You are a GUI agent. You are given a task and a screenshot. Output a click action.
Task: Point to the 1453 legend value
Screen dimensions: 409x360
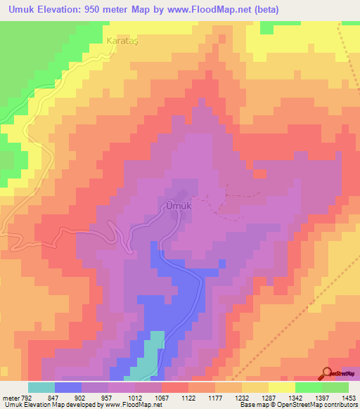[349, 397]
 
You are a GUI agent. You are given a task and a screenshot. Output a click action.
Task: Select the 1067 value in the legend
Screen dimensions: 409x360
[161, 397]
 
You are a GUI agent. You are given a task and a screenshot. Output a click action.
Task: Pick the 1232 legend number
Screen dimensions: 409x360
[241, 397]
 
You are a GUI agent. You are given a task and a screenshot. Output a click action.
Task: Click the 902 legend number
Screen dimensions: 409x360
[81, 397]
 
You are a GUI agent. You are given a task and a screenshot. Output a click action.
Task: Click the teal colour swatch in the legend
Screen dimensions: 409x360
[41, 387]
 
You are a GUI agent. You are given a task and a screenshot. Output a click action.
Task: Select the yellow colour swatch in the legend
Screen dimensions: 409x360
[281, 387]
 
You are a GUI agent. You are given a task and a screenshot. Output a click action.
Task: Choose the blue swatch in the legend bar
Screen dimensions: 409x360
[67, 387]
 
